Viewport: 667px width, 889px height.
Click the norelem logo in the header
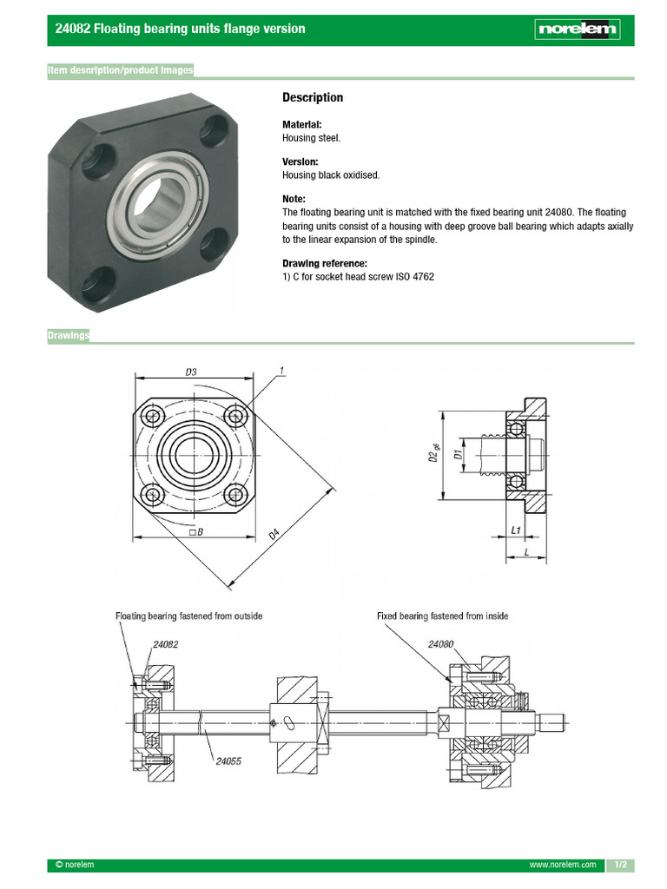pyautogui.click(x=578, y=30)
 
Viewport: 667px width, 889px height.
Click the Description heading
pyautogui.click(x=313, y=98)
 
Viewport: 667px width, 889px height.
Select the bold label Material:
pyautogui.click(x=301, y=125)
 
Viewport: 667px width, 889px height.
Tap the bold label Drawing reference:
pyautogui.click(x=324, y=264)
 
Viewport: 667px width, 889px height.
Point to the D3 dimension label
pyautogui.click(x=191, y=372)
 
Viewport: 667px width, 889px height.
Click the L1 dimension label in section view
pyautogui.click(x=515, y=530)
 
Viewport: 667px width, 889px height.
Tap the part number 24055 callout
pyautogui.click(x=228, y=762)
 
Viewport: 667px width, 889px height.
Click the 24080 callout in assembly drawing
pyautogui.click(x=441, y=645)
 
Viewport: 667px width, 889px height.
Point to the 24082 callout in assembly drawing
pyautogui.click(x=165, y=645)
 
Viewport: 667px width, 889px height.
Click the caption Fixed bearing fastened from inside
pyautogui.click(x=442, y=616)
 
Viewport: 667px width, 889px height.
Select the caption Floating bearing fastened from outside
pyautogui.click(x=189, y=616)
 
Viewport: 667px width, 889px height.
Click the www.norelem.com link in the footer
pyautogui.click(x=563, y=866)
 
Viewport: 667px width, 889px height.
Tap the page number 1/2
pyautogui.click(x=620, y=866)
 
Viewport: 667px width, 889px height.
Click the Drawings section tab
pyautogui.click(x=69, y=336)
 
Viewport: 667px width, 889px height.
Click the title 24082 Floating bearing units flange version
pyautogui.click(x=180, y=29)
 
